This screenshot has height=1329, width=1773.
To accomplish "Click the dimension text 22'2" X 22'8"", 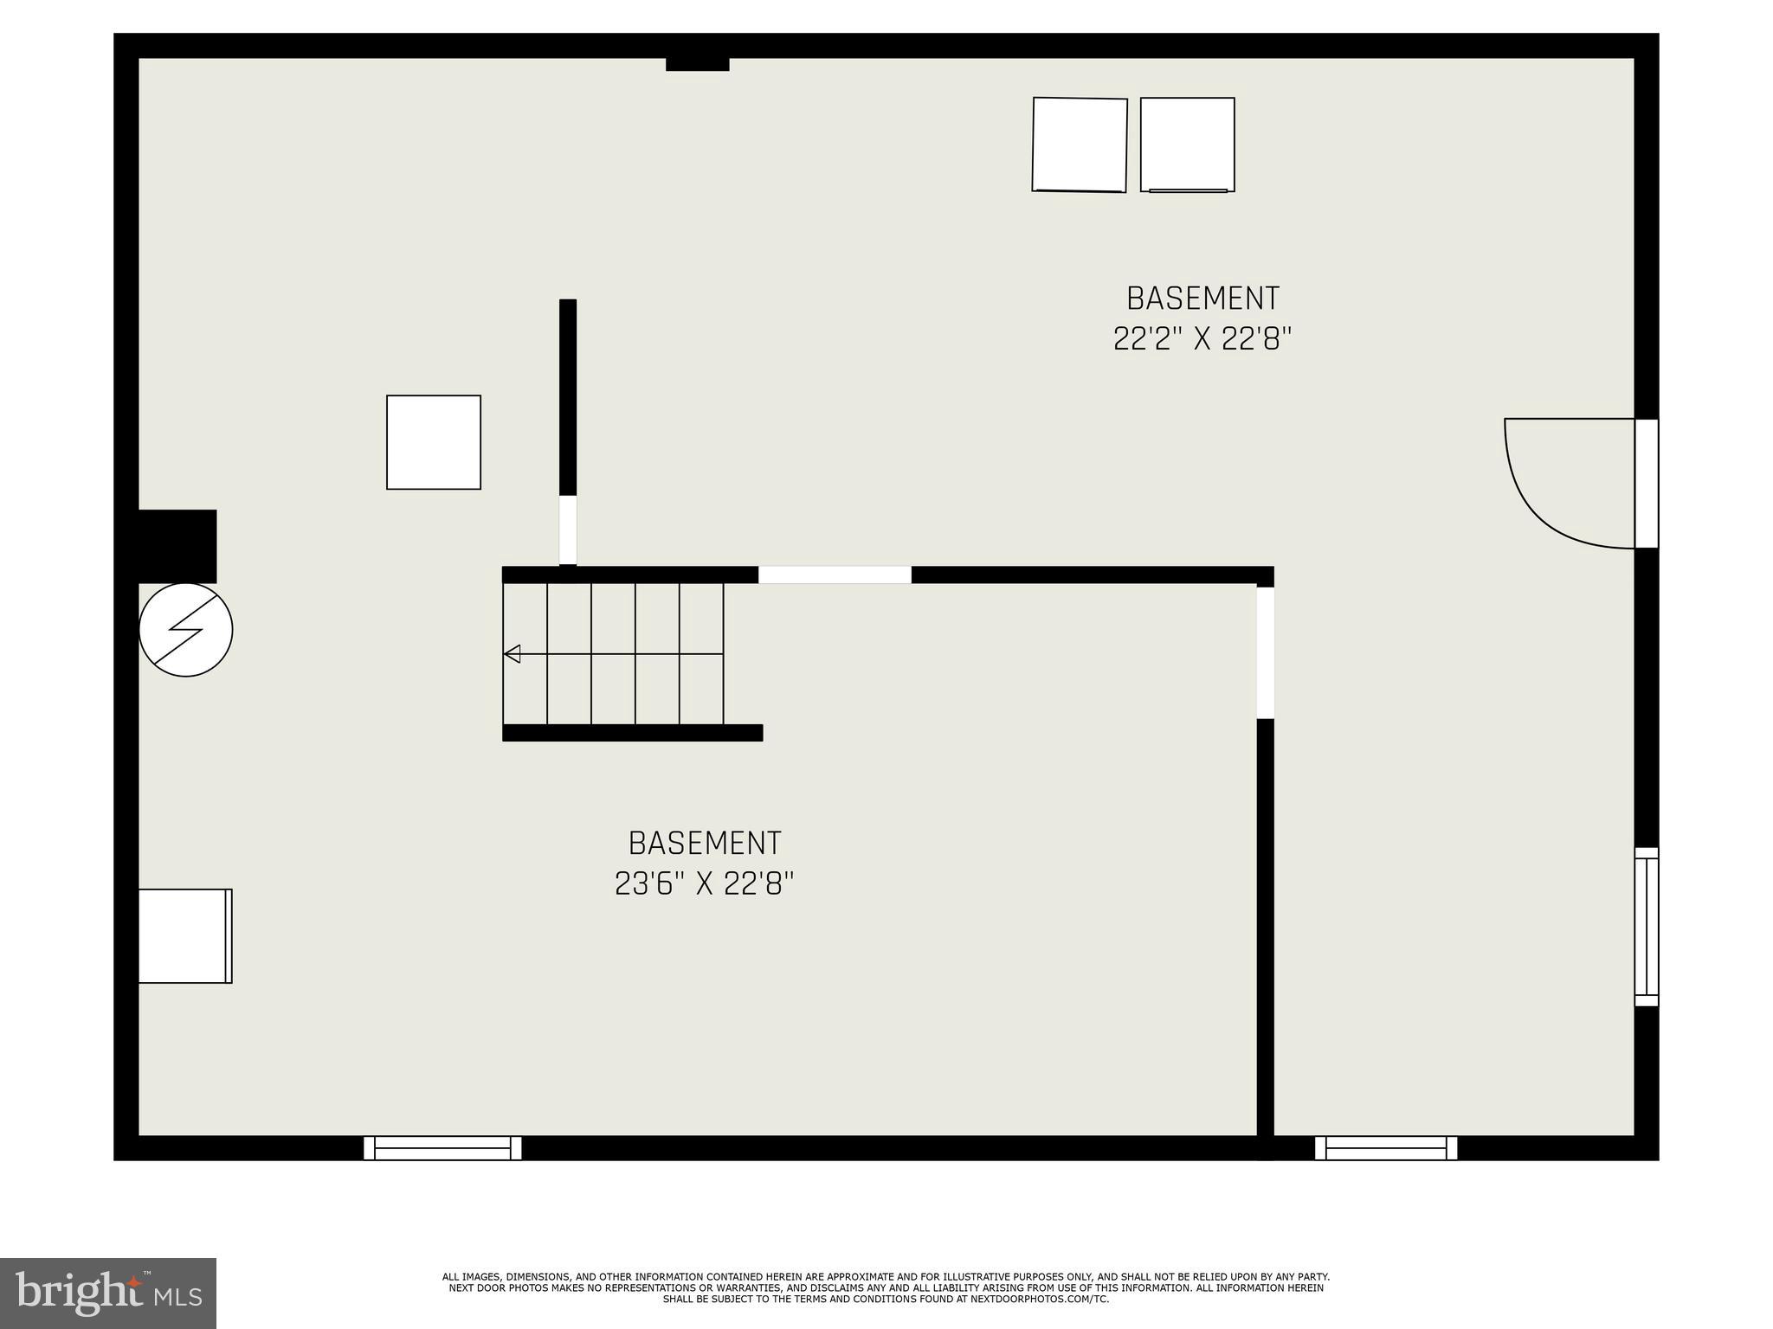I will pyautogui.click(x=1202, y=339).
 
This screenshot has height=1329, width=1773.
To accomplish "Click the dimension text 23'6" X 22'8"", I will pyautogui.click(x=704, y=884).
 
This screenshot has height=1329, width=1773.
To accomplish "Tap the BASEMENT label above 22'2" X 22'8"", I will pyautogui.click(x=1202, y=299).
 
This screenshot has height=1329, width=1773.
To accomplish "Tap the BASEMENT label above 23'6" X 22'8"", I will pyautogui.click(x=705, y=844).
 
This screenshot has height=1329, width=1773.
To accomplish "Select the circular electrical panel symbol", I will pyautogui.click(x=186, y=630).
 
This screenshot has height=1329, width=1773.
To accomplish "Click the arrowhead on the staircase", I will pyautogui.click(x=513, y=654).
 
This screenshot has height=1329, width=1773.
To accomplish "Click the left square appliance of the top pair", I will pyautogui.click(x=1080, y=144).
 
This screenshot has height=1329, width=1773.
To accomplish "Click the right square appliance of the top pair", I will pyautogui.click(x=1187, y=144).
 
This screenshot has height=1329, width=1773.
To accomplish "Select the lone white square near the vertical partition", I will pyautogui.click(x=434, y=442).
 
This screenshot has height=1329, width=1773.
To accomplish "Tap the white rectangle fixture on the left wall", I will pyautogui.click(x=185, y=936).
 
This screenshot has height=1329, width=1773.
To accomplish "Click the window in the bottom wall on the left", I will pyautogui.click(x=442, y=1148).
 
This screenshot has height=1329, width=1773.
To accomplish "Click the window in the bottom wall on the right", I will pyautogui.click(x=1385, y=1148).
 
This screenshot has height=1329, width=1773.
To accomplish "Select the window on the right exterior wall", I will pyautogui.click(x=1646, y=927).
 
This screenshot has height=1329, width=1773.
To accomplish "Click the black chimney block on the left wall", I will pyautogui.click(x=177, y=546).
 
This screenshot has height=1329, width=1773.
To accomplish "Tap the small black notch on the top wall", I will pyautogui.click(x=697, y=64).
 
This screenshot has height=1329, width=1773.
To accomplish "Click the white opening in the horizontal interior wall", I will pyautogui.click(x=835, y=575).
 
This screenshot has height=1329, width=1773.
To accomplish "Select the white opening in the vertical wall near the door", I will pyautogui.click(x=1265, y=652).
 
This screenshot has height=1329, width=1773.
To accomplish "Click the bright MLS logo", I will pyautogui.click(x=108, y=1294).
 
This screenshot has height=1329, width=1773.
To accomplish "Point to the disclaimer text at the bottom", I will pyautogui.click(x=886, y=1287).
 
